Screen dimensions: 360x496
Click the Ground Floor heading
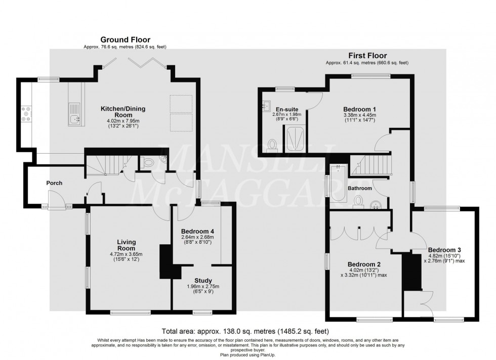[125, 39]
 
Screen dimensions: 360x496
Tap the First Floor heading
[367, 55]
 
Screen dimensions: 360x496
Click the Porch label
[54, 183]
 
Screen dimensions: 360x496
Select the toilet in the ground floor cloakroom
[148, 162]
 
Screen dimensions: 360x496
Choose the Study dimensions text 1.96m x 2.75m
[202, 287]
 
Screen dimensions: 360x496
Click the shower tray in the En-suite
[294, 138]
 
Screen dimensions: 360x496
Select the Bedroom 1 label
[360, 109]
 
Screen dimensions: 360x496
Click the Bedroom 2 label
[364, 264]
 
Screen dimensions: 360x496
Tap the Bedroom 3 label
[444, 249]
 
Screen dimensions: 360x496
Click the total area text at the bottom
[245, 332]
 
